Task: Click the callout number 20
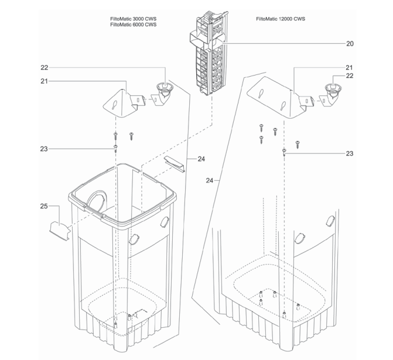(x=349, y=43)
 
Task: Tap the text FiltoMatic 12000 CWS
(x=280, y=19)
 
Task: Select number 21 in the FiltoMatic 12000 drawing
(x=349, y=67)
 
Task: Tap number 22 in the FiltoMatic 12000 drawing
(x=349, y=76)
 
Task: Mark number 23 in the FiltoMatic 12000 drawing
(x=349, y=153)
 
